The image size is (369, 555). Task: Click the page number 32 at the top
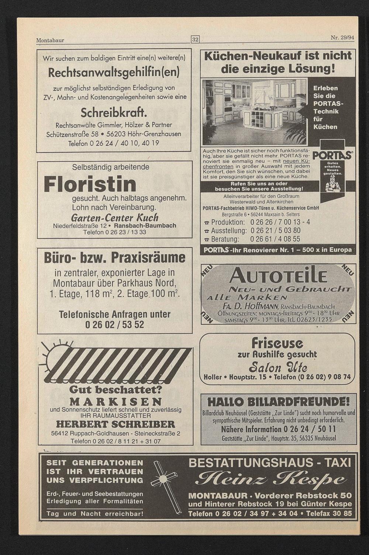click(195, 39)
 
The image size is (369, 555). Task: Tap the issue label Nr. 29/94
click(342, 38)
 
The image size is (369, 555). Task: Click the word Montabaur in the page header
click(50, 40)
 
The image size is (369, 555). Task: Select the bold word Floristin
click(90, 184)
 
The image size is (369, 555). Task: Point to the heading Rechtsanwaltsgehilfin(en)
click(114, 72)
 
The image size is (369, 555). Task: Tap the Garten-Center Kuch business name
click(114, 217)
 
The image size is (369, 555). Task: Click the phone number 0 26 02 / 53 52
click(114, 325)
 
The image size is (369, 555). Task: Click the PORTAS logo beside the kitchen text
click(332, 155)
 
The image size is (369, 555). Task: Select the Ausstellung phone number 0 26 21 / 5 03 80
click(275, 231)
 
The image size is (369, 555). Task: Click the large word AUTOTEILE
click(278, 275)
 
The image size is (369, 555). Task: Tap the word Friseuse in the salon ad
click(277, 343)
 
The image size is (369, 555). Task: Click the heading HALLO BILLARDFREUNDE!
click(279, 402)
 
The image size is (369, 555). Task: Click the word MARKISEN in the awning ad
click(115, 401)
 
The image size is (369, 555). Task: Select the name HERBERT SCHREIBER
click(115, 424)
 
